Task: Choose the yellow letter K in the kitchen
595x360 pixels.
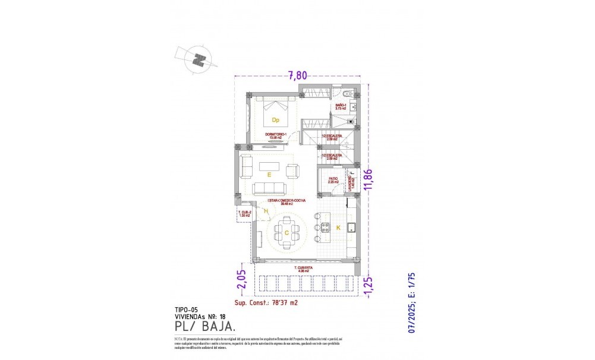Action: click(x=338, y=228)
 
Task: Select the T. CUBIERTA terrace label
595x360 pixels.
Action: click(x=304, y=269)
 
